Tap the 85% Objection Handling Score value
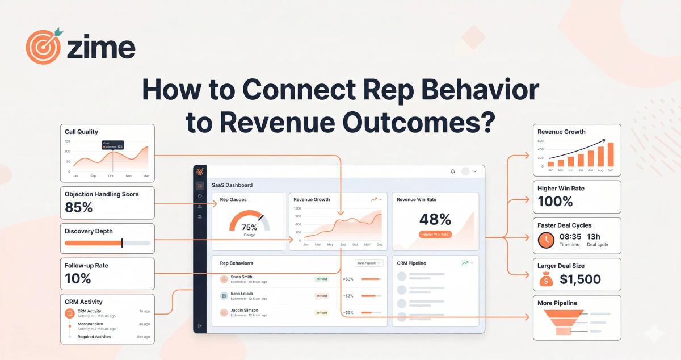[79, 207]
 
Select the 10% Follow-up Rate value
[78, 278]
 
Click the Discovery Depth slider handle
[122, 243]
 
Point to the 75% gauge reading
[249, 227]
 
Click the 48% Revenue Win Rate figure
[435, 219]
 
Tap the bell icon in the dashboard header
[452, 171]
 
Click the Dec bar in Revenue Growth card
[611, 154]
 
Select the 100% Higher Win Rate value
[555, 201]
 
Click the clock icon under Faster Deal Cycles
[547, 240]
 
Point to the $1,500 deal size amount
[580, 279]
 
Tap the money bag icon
[545, 279]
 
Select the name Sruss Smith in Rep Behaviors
[242, 277]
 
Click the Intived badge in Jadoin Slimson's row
[322, 312]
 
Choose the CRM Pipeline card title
[411, 263]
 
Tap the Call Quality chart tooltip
[112, 145]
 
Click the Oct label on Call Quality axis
[111, 176]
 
